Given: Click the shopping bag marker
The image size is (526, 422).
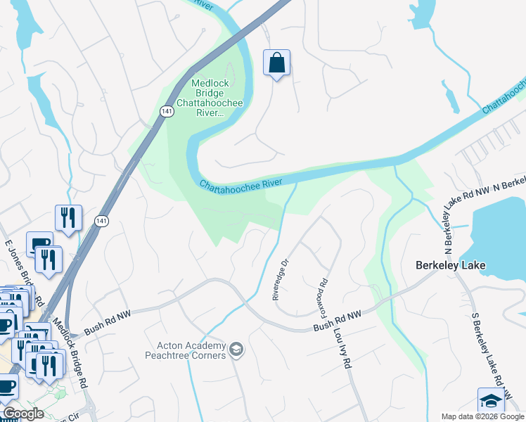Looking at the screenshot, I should [x=277, y=63].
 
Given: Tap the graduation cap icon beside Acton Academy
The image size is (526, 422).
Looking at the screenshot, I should [x=236, y=349].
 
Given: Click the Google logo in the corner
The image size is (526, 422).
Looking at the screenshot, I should [x=23, y=414].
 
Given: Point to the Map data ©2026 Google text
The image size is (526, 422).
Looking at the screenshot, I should [x=482, y=416].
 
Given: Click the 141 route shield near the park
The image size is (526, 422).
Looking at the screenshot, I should [x=166, y=111].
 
